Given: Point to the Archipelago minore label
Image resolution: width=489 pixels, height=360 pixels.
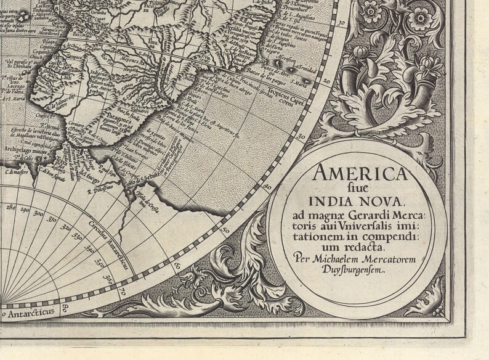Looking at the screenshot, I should [x=23, y=148].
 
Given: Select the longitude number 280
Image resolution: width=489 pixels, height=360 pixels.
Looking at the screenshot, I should [x=10, y=208].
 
